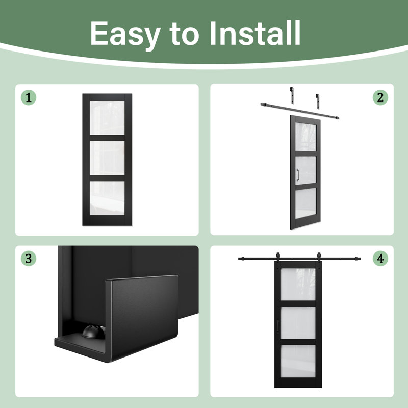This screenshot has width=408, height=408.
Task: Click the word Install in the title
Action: pos(255,33)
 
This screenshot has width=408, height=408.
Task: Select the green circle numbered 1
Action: pos(29,97)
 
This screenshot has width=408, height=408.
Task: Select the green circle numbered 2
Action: pos(380,97)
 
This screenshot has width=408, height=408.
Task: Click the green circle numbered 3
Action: pos(29,259)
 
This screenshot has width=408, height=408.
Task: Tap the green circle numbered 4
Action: pos(380,259)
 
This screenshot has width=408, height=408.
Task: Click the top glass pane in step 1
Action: pos(107,118)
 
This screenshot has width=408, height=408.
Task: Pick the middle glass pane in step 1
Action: pos(107,158)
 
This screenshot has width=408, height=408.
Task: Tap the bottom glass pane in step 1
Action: pos(107,198)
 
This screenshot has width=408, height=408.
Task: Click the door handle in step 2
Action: pos(298,174)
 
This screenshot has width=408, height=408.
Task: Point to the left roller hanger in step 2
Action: pos(292,95)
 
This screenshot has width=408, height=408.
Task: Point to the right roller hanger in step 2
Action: pos(317,101)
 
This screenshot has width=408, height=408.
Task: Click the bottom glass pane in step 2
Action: pos(305,203)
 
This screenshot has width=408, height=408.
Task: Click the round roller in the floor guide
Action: pos(94,331)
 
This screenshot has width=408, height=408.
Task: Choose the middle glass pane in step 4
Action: pos(298,323)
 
